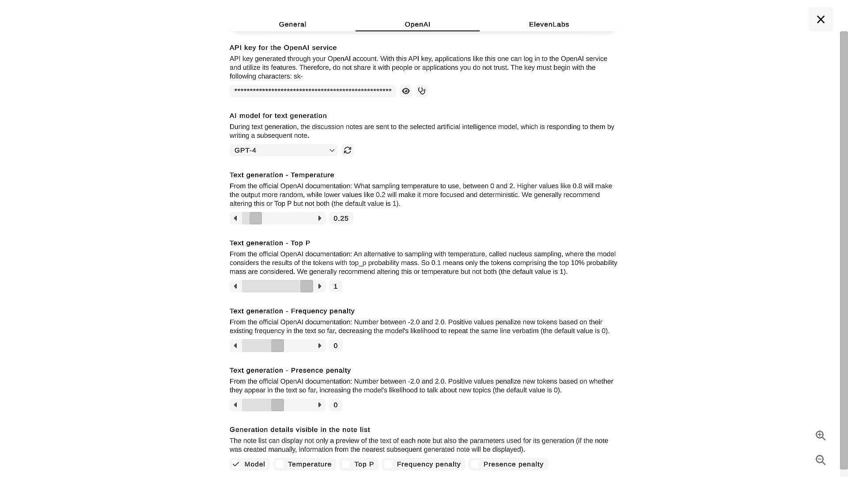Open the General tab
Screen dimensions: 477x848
pyautogui.click(x=292, y=24)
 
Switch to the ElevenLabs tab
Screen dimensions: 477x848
pyautogui.click(x=549, y=24)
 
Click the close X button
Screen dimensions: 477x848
pyautogui.click(x=821, y=19)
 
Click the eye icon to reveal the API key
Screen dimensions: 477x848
pyautogui.click(x=405, y=91)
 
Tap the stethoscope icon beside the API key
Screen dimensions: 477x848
pyautogui.click(x=422, y=91)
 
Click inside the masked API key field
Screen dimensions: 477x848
pyautogui.click(x=313, y=91)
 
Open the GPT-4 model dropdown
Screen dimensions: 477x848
pyautogui.click(x=284, y=151)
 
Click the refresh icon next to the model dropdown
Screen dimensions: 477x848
pyautogui.click(x=348, y=151)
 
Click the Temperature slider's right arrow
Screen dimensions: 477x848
pyautogui.click(x=320, y=219)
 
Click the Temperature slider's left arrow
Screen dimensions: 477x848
pyautogui.click(x=235, y=219)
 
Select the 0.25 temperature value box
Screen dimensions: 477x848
pyautogui.click(x=341, y=219)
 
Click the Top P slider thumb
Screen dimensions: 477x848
pyautogui.click(x=307, y=287)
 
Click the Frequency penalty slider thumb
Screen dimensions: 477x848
pyautogui.click(x=277, y=346)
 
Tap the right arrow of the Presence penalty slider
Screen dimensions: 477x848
pyautogui.click(x=320, y=405)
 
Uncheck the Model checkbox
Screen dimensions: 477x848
pyautogui.click(x=236, y=464)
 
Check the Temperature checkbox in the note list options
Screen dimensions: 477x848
pyautogui.click(x=280, y=464)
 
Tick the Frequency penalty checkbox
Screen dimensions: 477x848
pyautogui.click(x=388, y=464)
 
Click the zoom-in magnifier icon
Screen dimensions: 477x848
pyautogui.click(x=821, y=435)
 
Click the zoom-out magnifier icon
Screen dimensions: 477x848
pyautogui.click(x=821, y=460)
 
